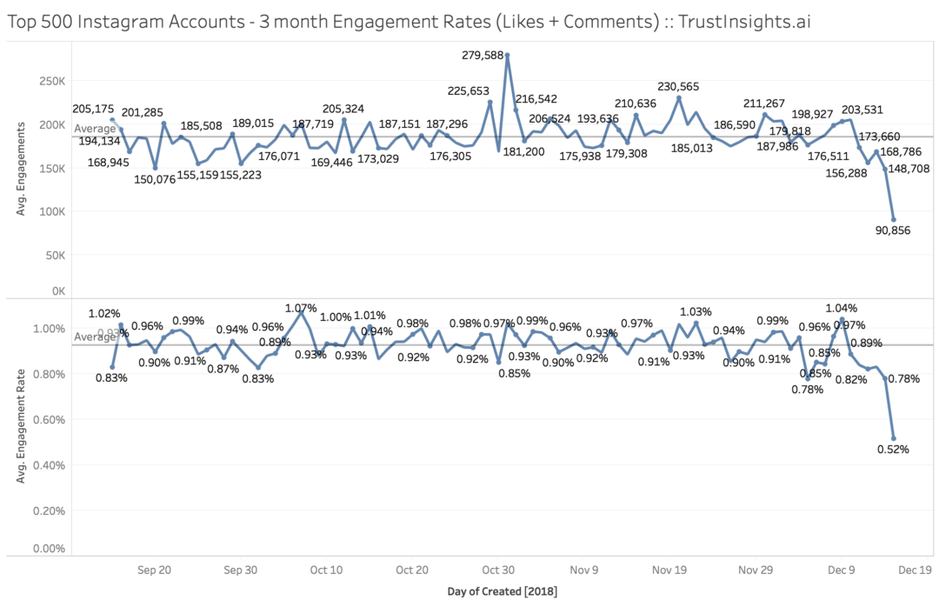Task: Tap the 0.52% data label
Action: click(893, 450)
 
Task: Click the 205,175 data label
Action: click(94, 109)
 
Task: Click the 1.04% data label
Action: click(841, 308)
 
